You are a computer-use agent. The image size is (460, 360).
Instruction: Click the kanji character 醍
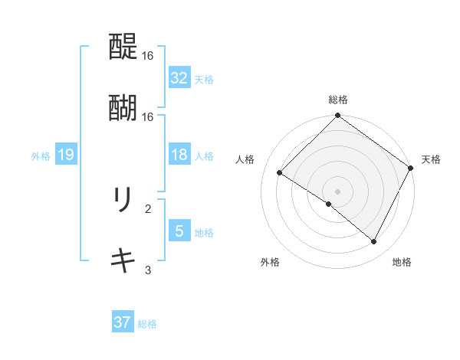pyautogui.click(x=123, y=47)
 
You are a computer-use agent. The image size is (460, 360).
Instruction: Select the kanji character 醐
pyautogui.click(x=123, y=108)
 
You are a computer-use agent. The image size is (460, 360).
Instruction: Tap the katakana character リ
pyautogui.click(x=123, y=201)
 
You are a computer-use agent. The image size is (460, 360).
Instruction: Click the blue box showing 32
pyautogui.click(x=179, y=78)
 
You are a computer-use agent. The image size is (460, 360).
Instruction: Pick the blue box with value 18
pyautogui.click(x=179, y=155)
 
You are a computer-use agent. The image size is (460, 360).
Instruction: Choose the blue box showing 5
pyautogui.click(x=179, y=231)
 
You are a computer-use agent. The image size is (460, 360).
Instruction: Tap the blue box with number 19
pyautogui.click(x=66, y=155)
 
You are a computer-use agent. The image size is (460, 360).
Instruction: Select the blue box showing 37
pyautogui.click(x=123, y=322)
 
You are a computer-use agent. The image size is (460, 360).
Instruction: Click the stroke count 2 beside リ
pyautogui.click(x=148, y=208)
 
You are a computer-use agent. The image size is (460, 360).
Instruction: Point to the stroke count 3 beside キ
pyautogui.click(x=148, y=269)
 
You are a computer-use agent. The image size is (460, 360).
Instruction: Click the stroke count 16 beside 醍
pyautogui.click(x=148, y=56)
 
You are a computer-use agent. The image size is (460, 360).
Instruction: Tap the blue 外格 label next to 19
pyautogui.click(x=41, y=156)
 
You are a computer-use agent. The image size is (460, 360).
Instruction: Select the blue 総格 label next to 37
pyautogui.click(x=147, y=323)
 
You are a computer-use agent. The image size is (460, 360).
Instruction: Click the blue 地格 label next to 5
pyautogui.click(x=204, y=232)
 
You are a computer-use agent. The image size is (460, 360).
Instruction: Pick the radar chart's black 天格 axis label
pyautogui.click(x=431, y=159)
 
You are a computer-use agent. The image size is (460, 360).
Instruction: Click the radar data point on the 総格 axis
pyautogui.click(x=337, y=116)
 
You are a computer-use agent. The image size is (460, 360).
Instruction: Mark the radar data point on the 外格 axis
pyautogui.click(x=329, y=204)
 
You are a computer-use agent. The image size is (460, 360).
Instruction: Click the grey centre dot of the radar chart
pyautogui.click(x=337, y=191)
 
